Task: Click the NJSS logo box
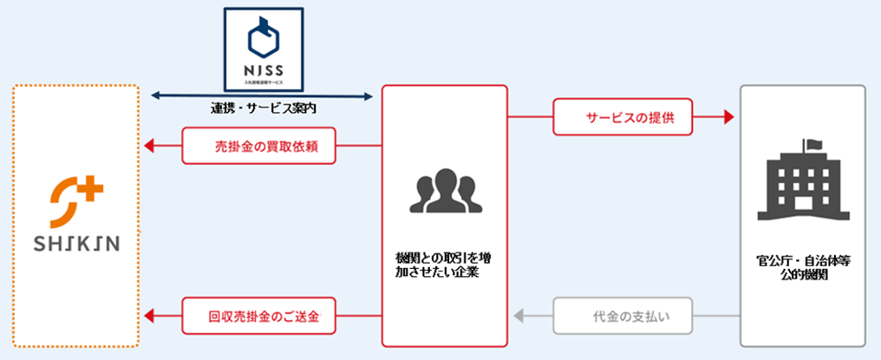tap(264, 49)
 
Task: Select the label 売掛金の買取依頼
tap(258, 146)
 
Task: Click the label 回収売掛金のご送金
tap(258, 317)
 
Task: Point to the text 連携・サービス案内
tap(263, 108)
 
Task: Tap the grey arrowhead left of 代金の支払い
tap(518, 317)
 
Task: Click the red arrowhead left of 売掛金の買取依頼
tap(149, 146)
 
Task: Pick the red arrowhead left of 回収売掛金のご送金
tap(149, 317)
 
